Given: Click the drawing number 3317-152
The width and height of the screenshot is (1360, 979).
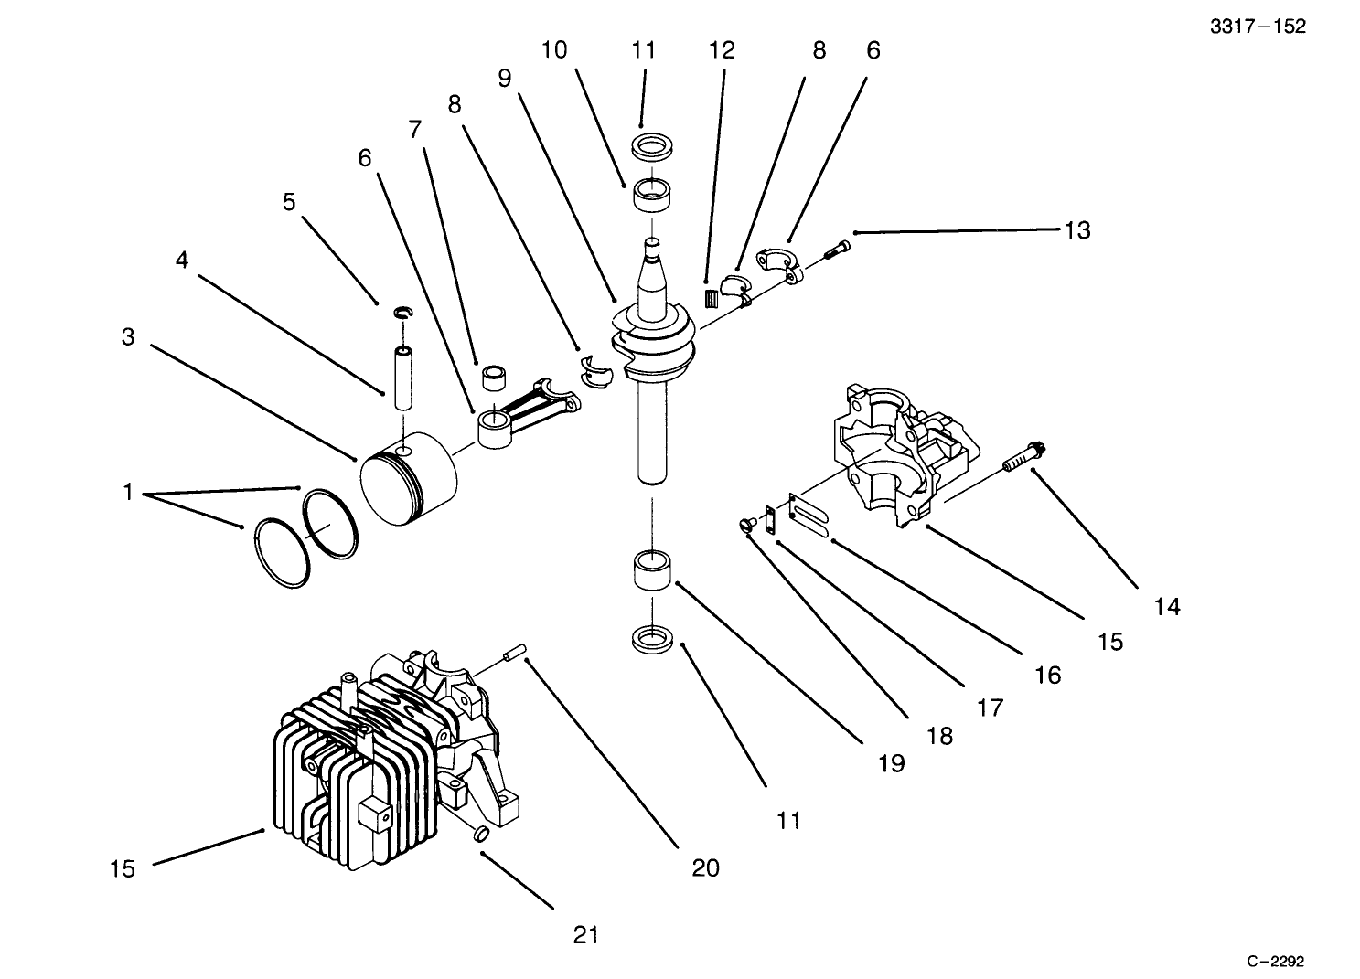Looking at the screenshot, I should [x=1258, y=27].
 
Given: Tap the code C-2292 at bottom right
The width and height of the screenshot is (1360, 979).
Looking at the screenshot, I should [x=1275, y=961].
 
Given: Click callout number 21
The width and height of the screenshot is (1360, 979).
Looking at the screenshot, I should [x=585, y=934].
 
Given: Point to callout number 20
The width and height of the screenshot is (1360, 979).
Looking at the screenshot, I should [x=705, y=867].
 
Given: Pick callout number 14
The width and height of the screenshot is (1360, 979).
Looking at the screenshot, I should [x=1167, y=606].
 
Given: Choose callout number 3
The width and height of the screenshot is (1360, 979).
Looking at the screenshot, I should [x=128, y=337].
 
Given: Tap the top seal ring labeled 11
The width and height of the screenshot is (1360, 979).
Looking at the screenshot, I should [x=649, y=145].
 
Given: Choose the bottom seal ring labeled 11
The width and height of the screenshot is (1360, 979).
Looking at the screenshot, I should [x=653, y=639].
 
